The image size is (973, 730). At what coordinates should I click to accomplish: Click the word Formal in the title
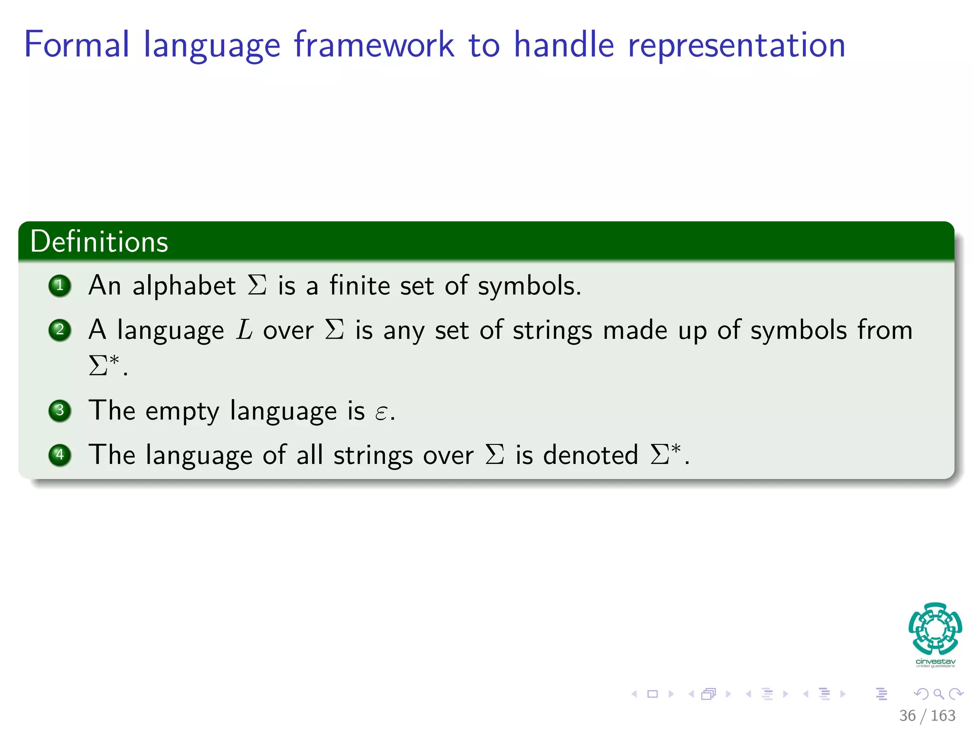76,45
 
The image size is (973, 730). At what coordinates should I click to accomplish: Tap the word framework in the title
373,45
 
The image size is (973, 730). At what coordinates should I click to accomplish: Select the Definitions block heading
99,241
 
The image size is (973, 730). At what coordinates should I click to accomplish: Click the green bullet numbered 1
60,286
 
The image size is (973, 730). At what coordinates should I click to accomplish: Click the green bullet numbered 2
60,330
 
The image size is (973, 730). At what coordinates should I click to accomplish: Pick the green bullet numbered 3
60,410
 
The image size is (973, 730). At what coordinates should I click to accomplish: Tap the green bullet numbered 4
60,455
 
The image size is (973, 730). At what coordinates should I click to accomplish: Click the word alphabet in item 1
184,286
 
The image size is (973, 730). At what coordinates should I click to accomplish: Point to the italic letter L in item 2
244,330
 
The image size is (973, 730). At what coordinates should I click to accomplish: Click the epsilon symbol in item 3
381,412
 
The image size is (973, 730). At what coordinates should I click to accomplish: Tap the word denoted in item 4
591,455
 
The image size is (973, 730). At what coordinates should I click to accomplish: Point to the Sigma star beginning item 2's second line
104,365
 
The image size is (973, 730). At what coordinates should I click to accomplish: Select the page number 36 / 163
927,715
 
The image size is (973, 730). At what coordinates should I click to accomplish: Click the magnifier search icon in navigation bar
938,694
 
